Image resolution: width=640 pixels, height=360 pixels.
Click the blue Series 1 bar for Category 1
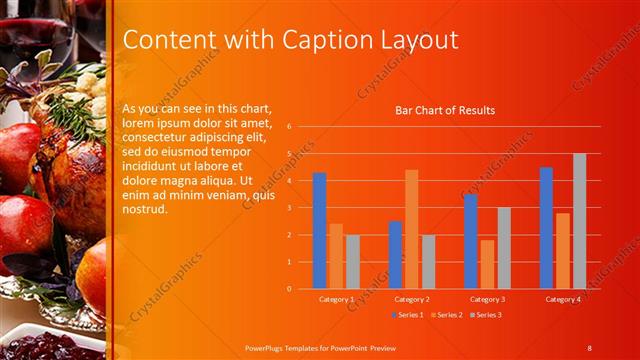(x=319, y=230)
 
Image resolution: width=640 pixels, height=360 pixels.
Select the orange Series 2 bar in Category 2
(x=411, y=229)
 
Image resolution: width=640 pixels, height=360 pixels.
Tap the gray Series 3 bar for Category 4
(x=579, y=221)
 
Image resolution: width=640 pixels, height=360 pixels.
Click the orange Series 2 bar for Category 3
(x=487, y=264)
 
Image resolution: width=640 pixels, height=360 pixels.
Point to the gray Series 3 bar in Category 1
(x=353, y=261)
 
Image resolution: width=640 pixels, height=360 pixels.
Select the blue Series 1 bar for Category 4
(x=546, y=227)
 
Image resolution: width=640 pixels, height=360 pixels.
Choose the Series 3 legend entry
(x=486, y=315)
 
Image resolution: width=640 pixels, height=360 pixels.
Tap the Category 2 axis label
(x=412, y=299)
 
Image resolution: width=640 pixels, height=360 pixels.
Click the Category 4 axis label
(x=563, y=299)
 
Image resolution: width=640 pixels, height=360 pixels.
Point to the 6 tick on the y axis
(x=288, y=127)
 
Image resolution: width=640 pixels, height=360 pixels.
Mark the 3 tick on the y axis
(x=288, y=208)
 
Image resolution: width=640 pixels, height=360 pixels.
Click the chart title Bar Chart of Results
(x=445, y=110)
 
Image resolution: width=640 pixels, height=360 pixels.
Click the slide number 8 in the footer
(x=589, y=347)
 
